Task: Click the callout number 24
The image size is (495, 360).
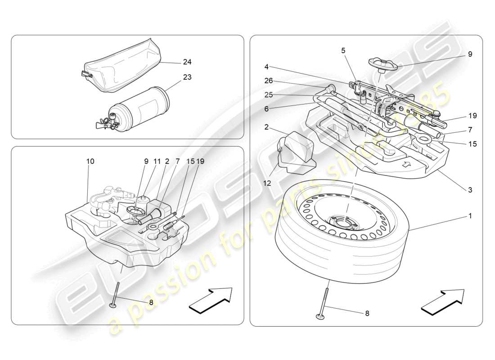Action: pos(187,62)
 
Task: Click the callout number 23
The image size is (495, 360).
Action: pos(187,77)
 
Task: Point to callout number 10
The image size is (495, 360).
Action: pos(90,161)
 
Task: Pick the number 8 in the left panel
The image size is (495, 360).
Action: pos(151,302)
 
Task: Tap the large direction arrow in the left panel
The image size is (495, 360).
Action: pos(210,300)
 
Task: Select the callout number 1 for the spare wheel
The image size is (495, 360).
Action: pos(470,216)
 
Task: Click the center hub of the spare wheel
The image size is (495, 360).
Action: pos(344,222)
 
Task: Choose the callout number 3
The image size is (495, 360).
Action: pos(470,190)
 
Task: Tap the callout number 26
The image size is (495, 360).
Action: pos(269,81)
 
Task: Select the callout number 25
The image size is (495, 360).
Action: pos(269,95)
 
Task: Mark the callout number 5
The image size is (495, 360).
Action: pos(343,51)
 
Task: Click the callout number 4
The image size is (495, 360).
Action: pos(266,67)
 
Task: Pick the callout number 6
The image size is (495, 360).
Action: pos(266,109)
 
